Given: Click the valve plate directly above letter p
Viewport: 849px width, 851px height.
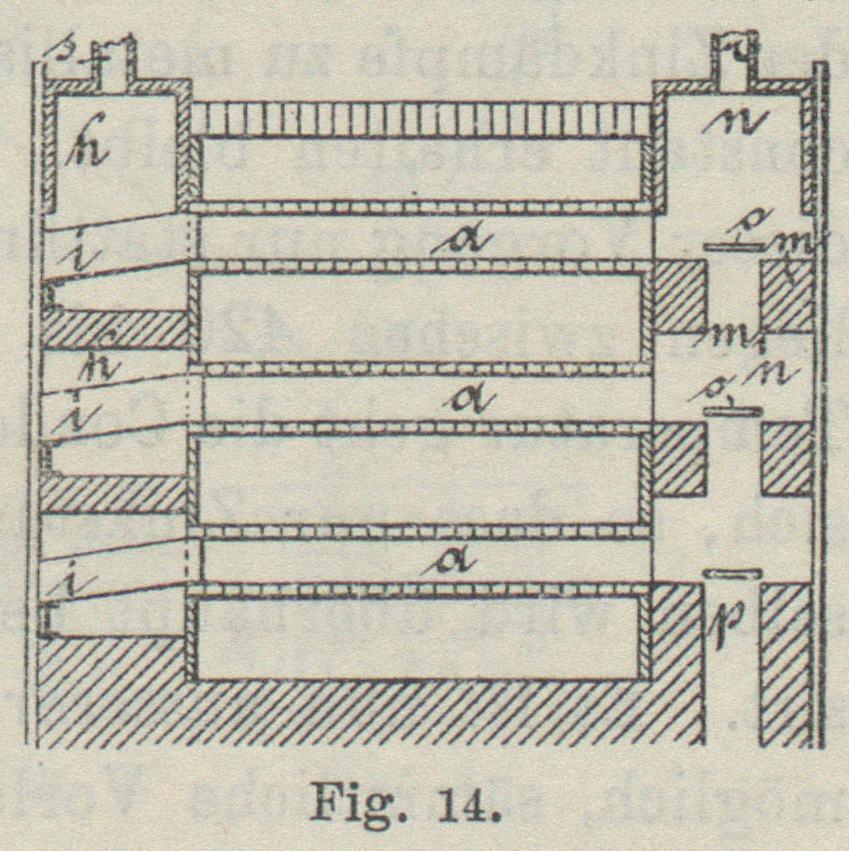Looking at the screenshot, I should (733, 574).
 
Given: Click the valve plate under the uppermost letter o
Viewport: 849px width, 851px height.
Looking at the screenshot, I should (732, 246).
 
